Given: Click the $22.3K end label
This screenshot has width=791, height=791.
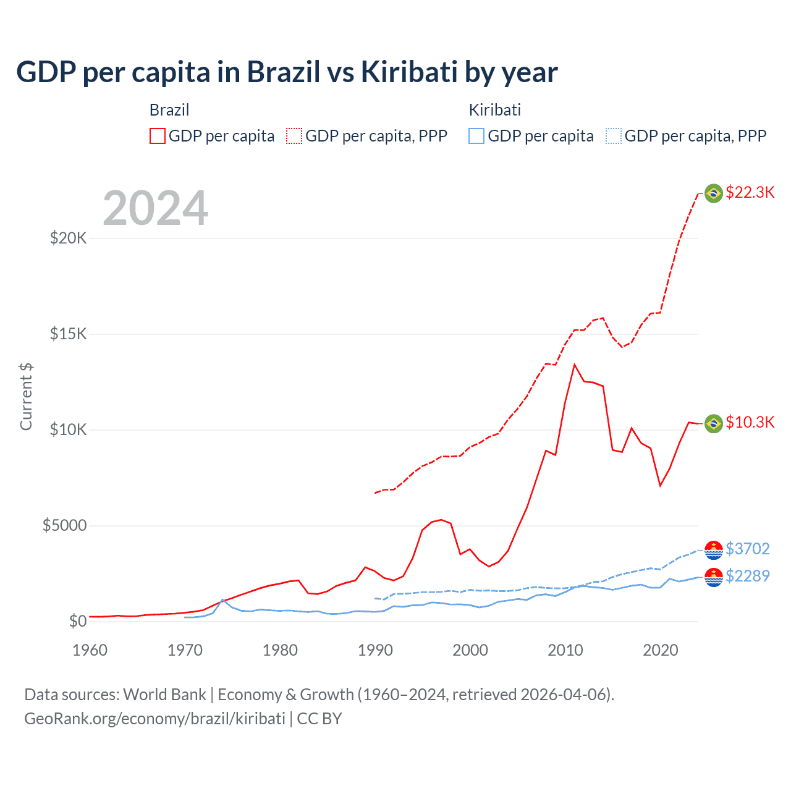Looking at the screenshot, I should (x=750, y=192).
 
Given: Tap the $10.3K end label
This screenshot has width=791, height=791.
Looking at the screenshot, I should (x=750, y=422).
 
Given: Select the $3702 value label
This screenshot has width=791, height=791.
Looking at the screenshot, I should (x=747, y=549).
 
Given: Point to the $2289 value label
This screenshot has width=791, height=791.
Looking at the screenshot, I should (x=747, y=576).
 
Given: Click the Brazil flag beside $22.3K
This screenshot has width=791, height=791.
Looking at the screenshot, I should (x=714, y=193).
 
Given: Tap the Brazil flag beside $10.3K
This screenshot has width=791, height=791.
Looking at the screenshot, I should (x=714, y=423).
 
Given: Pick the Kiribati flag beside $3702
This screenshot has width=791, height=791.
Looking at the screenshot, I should (x=714, y=549).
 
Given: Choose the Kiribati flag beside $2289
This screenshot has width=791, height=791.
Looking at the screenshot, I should (x=714, y=577).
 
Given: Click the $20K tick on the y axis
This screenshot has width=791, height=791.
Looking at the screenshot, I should (x=69, y=238).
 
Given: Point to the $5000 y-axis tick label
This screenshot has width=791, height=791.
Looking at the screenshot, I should (x=65, y=526).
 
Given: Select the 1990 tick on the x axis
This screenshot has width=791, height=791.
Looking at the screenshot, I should (x=375, y=650).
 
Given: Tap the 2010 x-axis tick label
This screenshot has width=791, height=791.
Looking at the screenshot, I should (x=565, y=650).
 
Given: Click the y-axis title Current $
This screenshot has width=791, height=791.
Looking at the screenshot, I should (x=26, y=396).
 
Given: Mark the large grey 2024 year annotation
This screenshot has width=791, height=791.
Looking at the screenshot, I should (x=155, y=208).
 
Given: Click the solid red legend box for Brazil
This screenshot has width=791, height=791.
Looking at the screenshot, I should (x=158, y=136).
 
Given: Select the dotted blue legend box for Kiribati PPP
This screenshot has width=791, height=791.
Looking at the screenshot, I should (x=614, y=136).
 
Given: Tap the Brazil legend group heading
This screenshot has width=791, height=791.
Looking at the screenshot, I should (x=169, y=110).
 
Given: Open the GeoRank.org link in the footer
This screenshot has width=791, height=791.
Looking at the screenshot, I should (x=154, y=719).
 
